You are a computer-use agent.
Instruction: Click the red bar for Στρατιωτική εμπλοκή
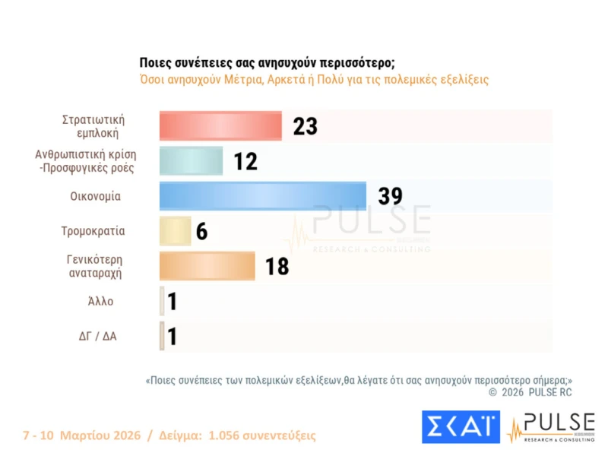(x=220, y=125)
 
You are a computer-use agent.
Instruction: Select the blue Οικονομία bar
(x=262, y=196)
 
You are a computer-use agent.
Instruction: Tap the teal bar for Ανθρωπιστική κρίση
(x=191, y=160)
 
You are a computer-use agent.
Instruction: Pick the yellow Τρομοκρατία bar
(x=175, y=231)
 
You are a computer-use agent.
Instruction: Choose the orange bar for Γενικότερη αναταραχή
(x=207, y=266)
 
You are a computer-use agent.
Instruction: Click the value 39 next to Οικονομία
(x=390, y=196)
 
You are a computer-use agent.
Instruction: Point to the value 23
(x=305, y=126)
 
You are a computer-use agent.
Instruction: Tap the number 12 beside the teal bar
(x=245, y=161)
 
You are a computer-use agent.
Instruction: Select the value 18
(x=277, y=267)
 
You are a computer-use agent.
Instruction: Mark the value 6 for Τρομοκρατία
(x=201, y=232)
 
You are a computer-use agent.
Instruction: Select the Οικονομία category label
(x=95, y=196)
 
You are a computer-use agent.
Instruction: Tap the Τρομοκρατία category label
(x=93, y=231)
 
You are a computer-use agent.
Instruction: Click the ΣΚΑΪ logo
(x=461, y=426)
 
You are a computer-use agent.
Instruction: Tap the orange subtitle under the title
(x=314, y=79)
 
